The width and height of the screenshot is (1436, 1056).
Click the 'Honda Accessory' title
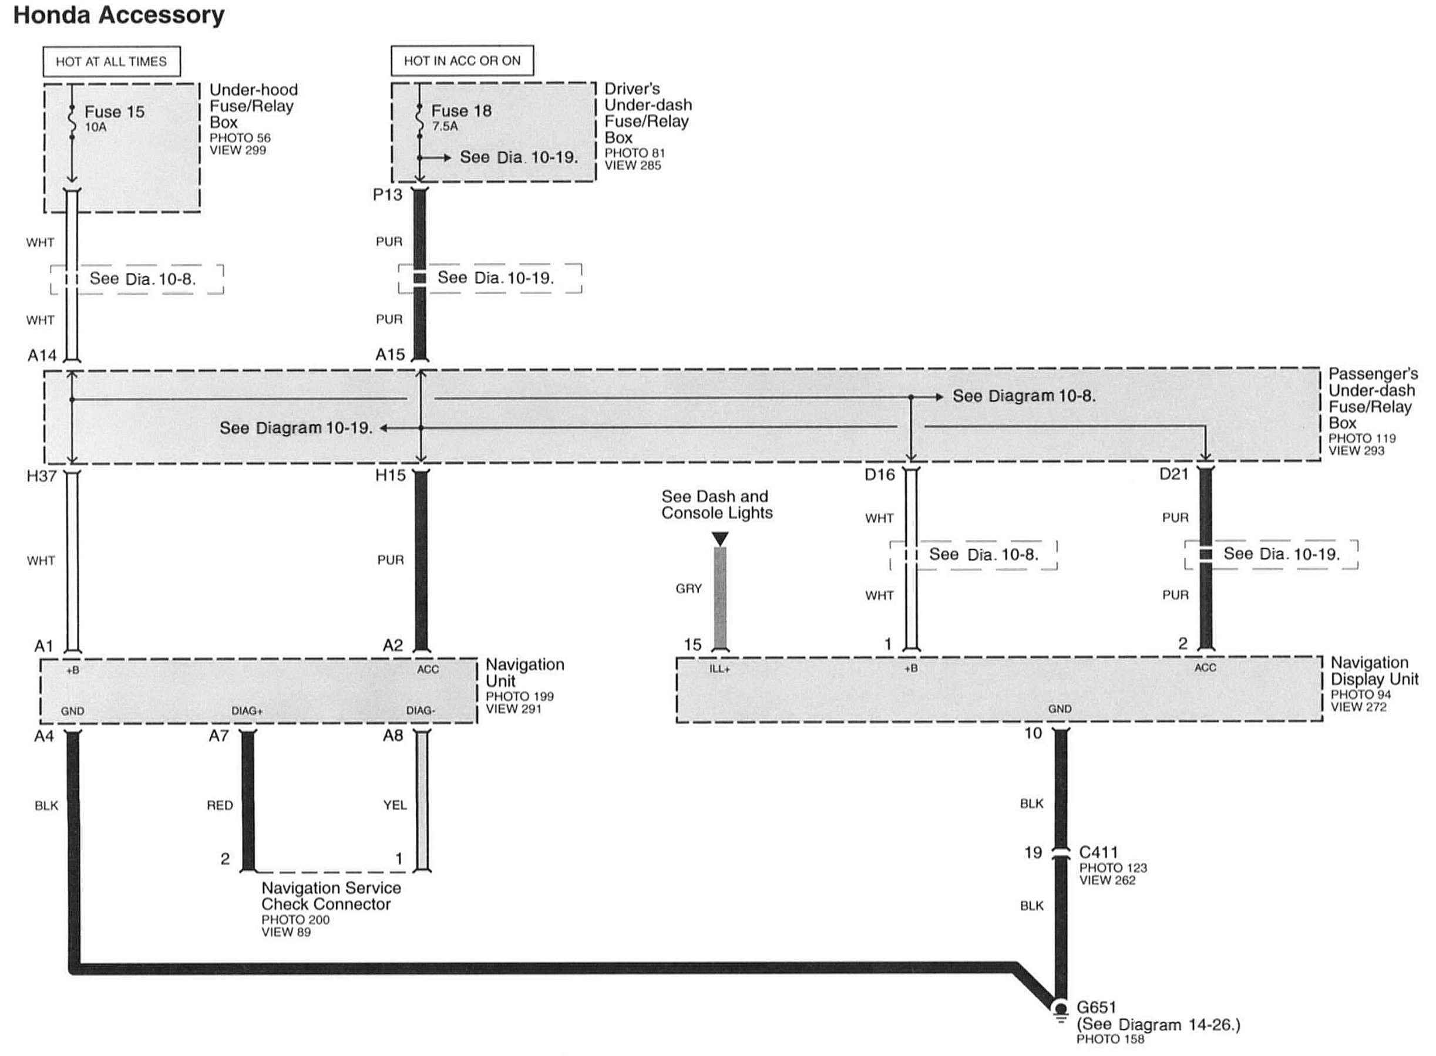tap(119, 15)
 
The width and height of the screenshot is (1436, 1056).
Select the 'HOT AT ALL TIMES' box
tap(112, 62)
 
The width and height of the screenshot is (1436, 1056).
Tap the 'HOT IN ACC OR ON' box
tap(462, 60)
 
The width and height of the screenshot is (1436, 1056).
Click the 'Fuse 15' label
tap(115, 112)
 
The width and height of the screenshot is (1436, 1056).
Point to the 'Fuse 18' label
tap(461, 110)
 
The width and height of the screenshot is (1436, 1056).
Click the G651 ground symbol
tap(1060, 1010)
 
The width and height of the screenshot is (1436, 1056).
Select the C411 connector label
tap(1098, 852)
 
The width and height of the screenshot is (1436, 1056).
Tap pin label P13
tap(388, 194)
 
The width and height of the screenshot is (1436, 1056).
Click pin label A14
tap(42, 355)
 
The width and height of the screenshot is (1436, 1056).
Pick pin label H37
tap(42, 475)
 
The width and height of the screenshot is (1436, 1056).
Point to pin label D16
tap(879, 474)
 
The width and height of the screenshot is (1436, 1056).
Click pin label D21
tap(1173, 474)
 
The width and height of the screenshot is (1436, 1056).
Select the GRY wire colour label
tap(688, 588)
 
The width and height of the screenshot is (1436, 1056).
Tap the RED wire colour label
tap(220, 805)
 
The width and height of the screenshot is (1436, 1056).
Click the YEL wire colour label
tap(395, 805)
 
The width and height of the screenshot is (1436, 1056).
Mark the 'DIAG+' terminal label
tap(247, 711)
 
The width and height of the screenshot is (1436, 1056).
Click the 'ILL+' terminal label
tap(719, 669)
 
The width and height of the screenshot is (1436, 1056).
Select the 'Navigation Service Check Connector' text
tap(331, 896)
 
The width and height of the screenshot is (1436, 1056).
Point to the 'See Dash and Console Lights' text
tap(717, 504)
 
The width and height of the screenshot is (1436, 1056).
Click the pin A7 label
tap(218, 736)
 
